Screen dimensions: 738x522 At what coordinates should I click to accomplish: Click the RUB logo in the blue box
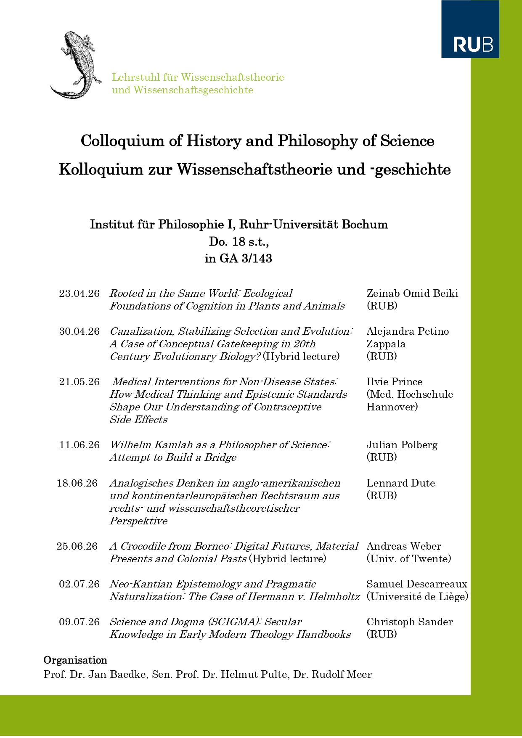click(x=473, y=44)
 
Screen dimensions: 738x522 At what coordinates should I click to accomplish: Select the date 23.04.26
click(x=79, y=294)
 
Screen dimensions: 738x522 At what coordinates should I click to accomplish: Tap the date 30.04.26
click(x=79, y=331)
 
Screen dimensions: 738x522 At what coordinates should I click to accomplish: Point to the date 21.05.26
click(x=79, y=382)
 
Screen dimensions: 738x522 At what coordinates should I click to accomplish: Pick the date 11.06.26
click(x=79, y=445)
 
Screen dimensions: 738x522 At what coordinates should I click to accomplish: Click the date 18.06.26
click(x=77, y=483)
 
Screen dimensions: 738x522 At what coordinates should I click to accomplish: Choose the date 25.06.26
click(x=77, y=546)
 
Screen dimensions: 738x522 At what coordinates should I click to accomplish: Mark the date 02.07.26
click(x=79, y=584)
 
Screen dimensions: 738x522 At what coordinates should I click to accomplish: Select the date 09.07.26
click(x=79, y=622)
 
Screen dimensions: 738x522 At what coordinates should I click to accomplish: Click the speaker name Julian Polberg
click(x=402, y=445)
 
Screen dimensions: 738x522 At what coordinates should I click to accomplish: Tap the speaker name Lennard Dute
click(x=400, y=483)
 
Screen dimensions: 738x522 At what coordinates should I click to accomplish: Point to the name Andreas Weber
click(x=404, y=546)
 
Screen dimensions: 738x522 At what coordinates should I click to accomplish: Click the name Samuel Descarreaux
click(x=417, y=584)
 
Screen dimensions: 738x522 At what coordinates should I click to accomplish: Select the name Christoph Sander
click(x=410, y=622)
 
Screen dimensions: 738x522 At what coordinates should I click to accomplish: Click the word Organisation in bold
click(x=75, y=660)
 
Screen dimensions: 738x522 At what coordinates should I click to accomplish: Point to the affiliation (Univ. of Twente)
click(x=409, y=559)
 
